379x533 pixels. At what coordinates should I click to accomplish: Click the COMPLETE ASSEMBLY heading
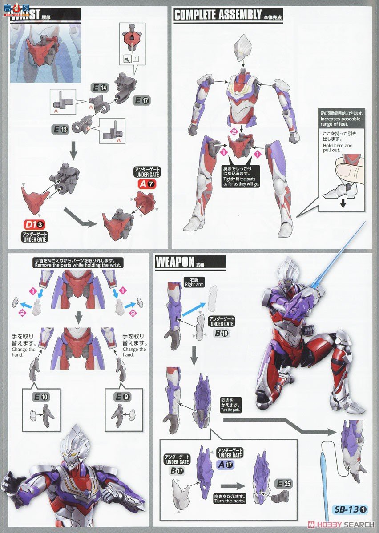click(x=218, y=15)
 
